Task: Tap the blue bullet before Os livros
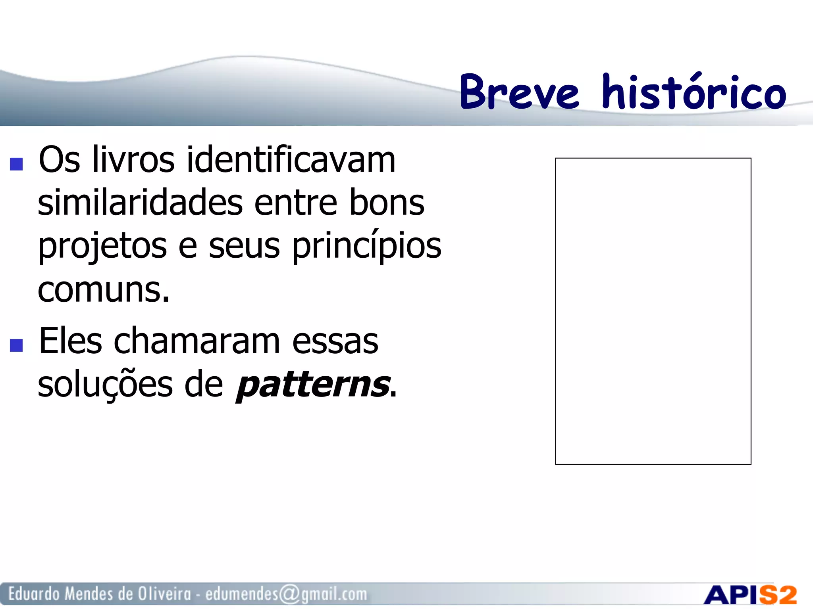[16, 164]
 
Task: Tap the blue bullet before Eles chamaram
[16, 345]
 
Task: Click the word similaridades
[140, 203]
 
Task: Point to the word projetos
[102, 247]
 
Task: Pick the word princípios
[367, 247]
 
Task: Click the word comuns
[103, 290]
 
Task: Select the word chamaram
[197, 341]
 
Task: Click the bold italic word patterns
[313, 385]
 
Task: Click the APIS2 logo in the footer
[750, 595]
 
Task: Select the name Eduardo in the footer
[34, 594]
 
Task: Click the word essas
[335, 341]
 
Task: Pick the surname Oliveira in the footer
[164, 594]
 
